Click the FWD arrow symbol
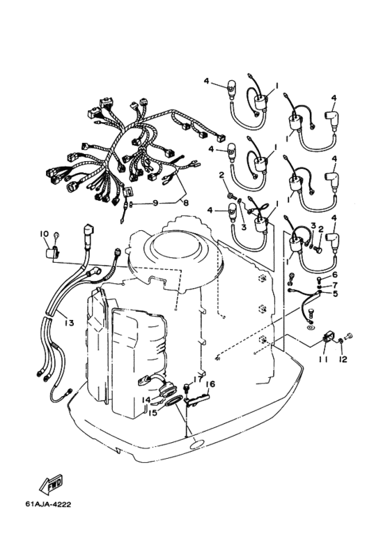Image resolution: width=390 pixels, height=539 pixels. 51,485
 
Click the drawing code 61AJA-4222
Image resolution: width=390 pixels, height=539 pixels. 48,504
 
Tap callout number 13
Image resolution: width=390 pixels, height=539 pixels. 69,323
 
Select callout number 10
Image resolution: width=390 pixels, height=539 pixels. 44,234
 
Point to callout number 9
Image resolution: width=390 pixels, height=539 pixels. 155,203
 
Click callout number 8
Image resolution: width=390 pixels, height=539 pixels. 185,203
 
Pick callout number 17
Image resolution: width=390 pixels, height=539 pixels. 197,379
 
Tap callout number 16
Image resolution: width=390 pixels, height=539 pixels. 210,384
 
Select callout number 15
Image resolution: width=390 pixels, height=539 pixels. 153,412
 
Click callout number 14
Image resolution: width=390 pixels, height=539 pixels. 147,400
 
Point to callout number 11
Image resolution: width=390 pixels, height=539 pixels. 322,359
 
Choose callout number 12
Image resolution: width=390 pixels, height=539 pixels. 342,359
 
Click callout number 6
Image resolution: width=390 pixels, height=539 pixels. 334,275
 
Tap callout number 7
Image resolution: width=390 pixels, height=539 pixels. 334,284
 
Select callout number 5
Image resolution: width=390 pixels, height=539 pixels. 334,294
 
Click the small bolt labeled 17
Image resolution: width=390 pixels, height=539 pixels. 187,388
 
